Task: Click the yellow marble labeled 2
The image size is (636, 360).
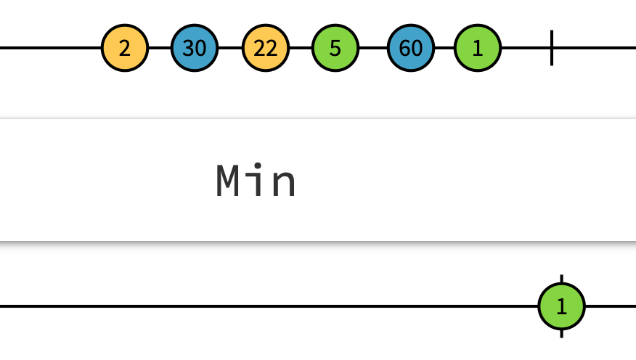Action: point(125,49)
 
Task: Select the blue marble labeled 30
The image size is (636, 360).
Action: point(195,49)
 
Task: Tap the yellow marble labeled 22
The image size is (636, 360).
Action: point(266,49)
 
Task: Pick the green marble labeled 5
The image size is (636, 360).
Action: point(335,49)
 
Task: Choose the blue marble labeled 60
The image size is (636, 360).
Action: point(410,49)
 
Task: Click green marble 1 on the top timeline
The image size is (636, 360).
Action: point(477,49)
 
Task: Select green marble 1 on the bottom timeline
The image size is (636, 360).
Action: point(561,306)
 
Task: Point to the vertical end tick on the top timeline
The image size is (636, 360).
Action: point(552,48)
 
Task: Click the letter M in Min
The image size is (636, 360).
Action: point(229,181)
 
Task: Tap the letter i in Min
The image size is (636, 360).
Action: point(257,181)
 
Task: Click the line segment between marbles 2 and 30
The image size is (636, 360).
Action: point(160,49)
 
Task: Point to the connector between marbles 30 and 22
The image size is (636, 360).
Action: point(230,49)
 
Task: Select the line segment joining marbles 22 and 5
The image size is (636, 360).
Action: point(301,49)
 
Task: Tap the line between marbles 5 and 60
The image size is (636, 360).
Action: point(372,49)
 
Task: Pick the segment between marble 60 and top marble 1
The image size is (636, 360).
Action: point(444,49)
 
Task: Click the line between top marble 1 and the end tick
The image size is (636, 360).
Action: point(526,49)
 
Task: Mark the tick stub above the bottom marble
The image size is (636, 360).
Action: point(561,279)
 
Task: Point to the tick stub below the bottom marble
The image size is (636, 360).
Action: point(561,333)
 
